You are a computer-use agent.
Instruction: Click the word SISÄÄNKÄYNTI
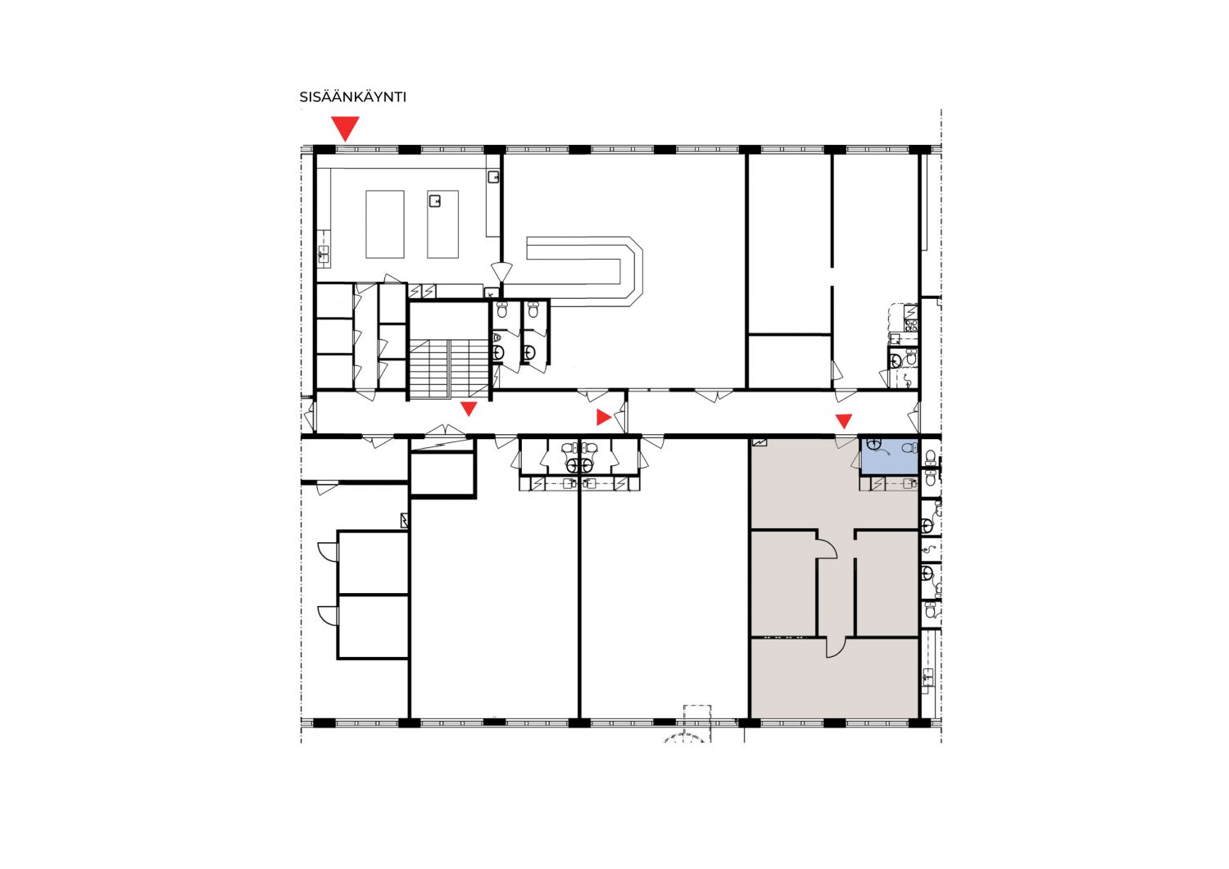click(x=353, y=97)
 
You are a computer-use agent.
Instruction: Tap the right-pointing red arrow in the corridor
click(x=604, y=417)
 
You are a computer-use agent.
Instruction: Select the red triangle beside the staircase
click(x=469, y=409)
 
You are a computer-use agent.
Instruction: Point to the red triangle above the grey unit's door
click(x=844, y=421)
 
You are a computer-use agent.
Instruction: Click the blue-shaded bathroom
click(x=890, y=456)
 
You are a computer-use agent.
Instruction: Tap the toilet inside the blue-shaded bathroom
click(x=909, y=448)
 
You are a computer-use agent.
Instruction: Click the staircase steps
click(x=449, y=369)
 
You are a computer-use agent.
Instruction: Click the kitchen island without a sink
click(x=385, y=224)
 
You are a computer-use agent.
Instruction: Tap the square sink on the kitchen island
click(x=435, y=201)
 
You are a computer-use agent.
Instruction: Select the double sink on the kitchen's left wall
click(x=324, y=254)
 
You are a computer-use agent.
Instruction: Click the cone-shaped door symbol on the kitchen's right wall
click(x=501, y=272)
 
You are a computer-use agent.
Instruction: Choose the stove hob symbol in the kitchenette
click(x=911, y=325)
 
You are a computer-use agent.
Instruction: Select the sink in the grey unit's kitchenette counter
click(x=910, y=483)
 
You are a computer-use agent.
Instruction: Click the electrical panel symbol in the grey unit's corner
click(x=760, y=441)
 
